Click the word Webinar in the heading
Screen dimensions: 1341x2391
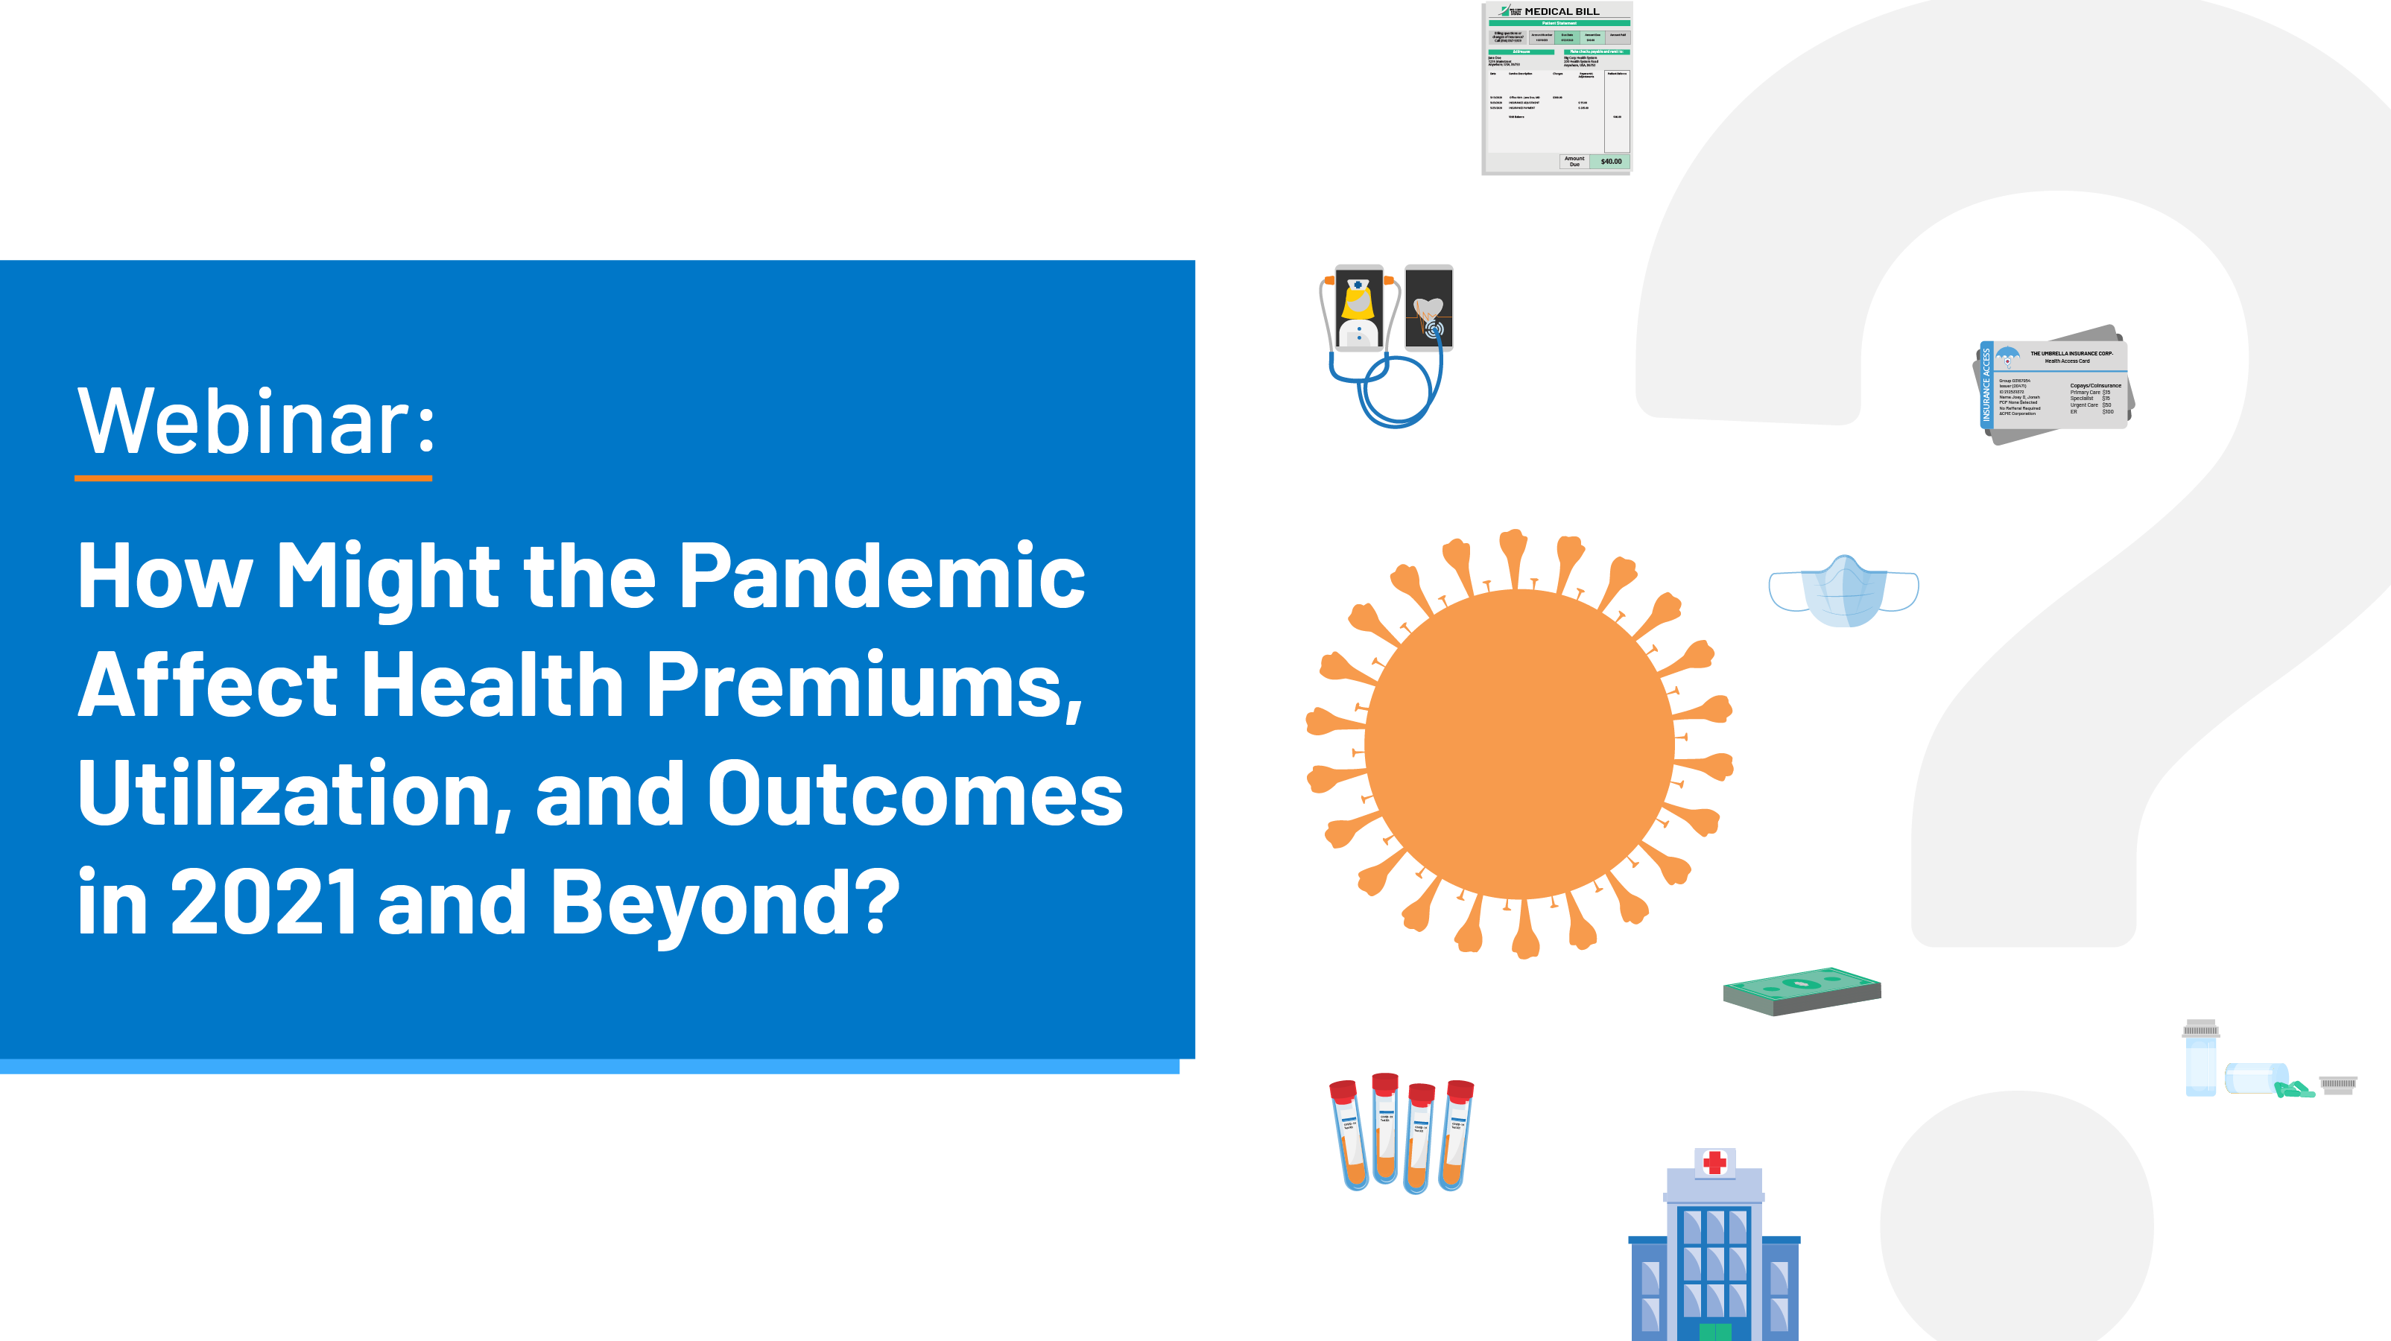pos(243,422)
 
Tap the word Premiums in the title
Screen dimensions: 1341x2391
pos(864,687)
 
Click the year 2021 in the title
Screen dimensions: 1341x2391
pos(264,902)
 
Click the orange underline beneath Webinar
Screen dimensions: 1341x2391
pos(253,478)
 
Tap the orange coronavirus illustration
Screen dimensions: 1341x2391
pos(1518,744)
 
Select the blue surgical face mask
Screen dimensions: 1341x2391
pos(1843,591)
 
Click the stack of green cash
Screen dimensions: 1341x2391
pos(1802,990)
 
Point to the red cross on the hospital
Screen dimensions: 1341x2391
pos(1714,1162)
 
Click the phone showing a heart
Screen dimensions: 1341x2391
pos(1428,307)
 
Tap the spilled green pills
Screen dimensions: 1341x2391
pos(2294,1088)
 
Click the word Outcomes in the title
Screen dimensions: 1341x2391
pos(914,796)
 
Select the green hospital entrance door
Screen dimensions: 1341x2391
pos(1714,1332)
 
